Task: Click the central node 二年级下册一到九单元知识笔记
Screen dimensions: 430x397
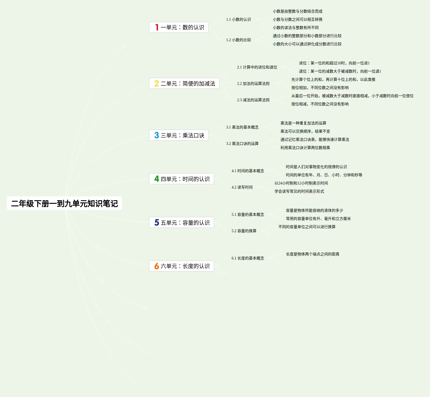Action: pos(64,203)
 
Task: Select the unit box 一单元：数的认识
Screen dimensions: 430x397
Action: pos(179,27)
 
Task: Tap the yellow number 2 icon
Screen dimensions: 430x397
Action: pos(157,83)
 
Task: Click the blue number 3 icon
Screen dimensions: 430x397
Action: pos(157,135)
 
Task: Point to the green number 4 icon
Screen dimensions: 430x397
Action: pos(157,179)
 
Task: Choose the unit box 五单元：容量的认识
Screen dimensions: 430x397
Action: pos(181,222)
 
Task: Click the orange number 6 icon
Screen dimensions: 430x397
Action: pos(157,266)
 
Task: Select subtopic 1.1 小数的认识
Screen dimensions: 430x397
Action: pos(238,19)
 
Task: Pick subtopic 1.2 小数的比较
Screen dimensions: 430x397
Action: pos(238,40)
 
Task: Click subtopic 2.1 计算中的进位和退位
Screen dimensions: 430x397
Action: pos(257,67)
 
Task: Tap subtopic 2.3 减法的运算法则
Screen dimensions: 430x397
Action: pos(253,100)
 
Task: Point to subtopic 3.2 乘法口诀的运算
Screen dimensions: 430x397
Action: pos(242,144)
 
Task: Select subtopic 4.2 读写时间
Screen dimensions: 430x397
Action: pos(242,187)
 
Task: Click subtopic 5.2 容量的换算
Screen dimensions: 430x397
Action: pos(244,231)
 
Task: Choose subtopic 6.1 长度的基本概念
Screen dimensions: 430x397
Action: pos(248,258)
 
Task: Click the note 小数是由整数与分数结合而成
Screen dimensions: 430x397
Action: pos(297,11)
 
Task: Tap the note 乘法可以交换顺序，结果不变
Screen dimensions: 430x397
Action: pos(305,131)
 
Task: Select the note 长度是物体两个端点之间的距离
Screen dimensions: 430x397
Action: pos(312,254)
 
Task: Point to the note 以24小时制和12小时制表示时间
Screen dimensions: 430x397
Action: pos(301,183)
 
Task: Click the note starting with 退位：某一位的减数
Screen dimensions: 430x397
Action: pos(340,71)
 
